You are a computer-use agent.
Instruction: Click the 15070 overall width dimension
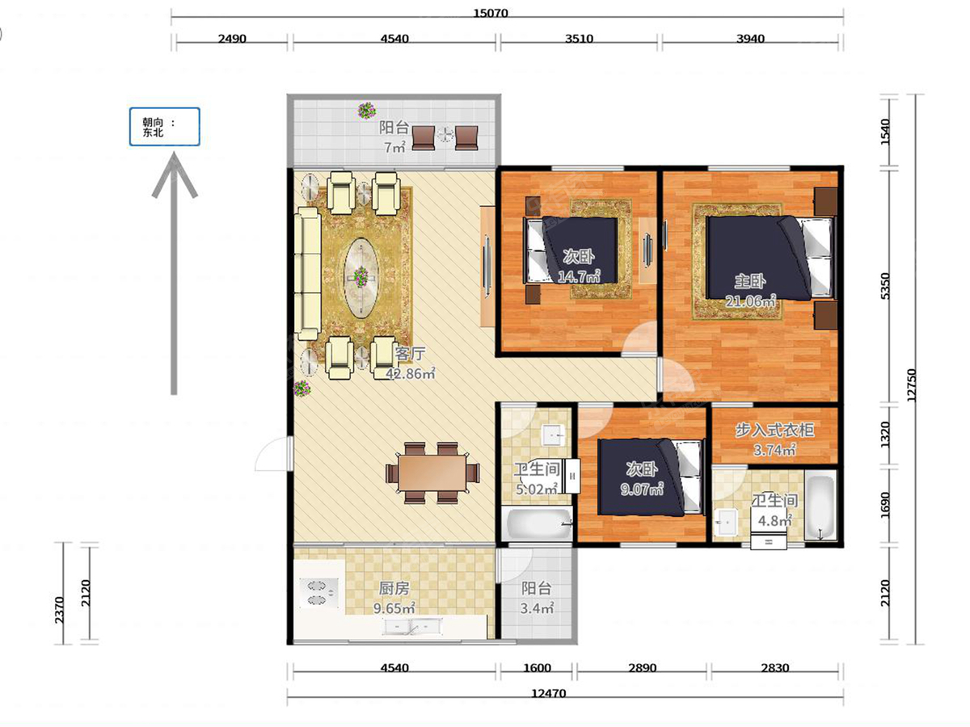coord(491,13)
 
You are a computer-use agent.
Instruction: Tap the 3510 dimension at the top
coord(579,39)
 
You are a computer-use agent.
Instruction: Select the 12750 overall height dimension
coord(911,385)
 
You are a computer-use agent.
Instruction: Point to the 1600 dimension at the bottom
coord(537,668)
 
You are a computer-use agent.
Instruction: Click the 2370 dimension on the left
coord(60,610)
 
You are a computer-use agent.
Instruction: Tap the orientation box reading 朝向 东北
coord(164,127)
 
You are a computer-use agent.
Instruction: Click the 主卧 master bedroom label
coord(750,281)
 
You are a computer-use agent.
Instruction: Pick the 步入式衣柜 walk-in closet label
coord(774,430)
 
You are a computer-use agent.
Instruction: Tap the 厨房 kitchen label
coord(394,588)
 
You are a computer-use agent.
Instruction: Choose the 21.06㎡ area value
coord(750,301)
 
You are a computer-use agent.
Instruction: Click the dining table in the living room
coord(432,473)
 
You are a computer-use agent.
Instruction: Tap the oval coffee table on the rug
coord(362,278)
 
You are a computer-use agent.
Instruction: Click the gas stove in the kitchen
coord(319,593)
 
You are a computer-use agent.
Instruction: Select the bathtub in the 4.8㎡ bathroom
coord(820,505)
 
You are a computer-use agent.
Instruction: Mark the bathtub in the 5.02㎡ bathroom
coord(538,523)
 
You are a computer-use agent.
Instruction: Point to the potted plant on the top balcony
coord(367,111)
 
